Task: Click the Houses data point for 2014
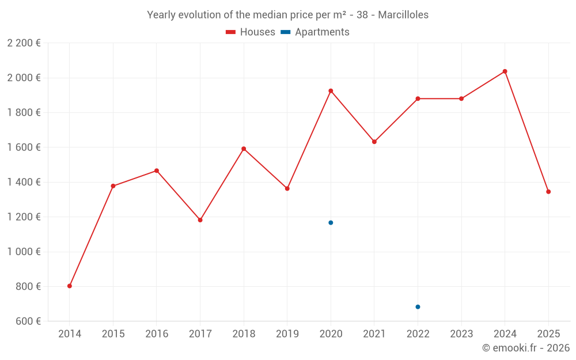(70, 286)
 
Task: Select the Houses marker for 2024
(505, 71)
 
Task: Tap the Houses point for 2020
(331, 90)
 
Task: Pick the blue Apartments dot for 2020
(331, 222)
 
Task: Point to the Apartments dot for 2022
(418, 306)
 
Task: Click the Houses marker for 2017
(200, 220)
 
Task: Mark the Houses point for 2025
(548, 192)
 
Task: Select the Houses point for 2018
(244, 149)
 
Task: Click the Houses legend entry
(251, 32)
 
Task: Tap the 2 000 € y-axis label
(24, 78)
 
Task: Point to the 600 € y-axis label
(28, 321)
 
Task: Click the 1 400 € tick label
(24, 182)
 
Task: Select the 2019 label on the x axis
(287, 334)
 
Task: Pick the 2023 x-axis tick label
(461, 334)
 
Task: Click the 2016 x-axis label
(157, 334)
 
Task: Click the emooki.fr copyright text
(525, 348)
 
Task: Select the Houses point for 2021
(374, 142)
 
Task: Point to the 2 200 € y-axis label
(24, 43)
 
